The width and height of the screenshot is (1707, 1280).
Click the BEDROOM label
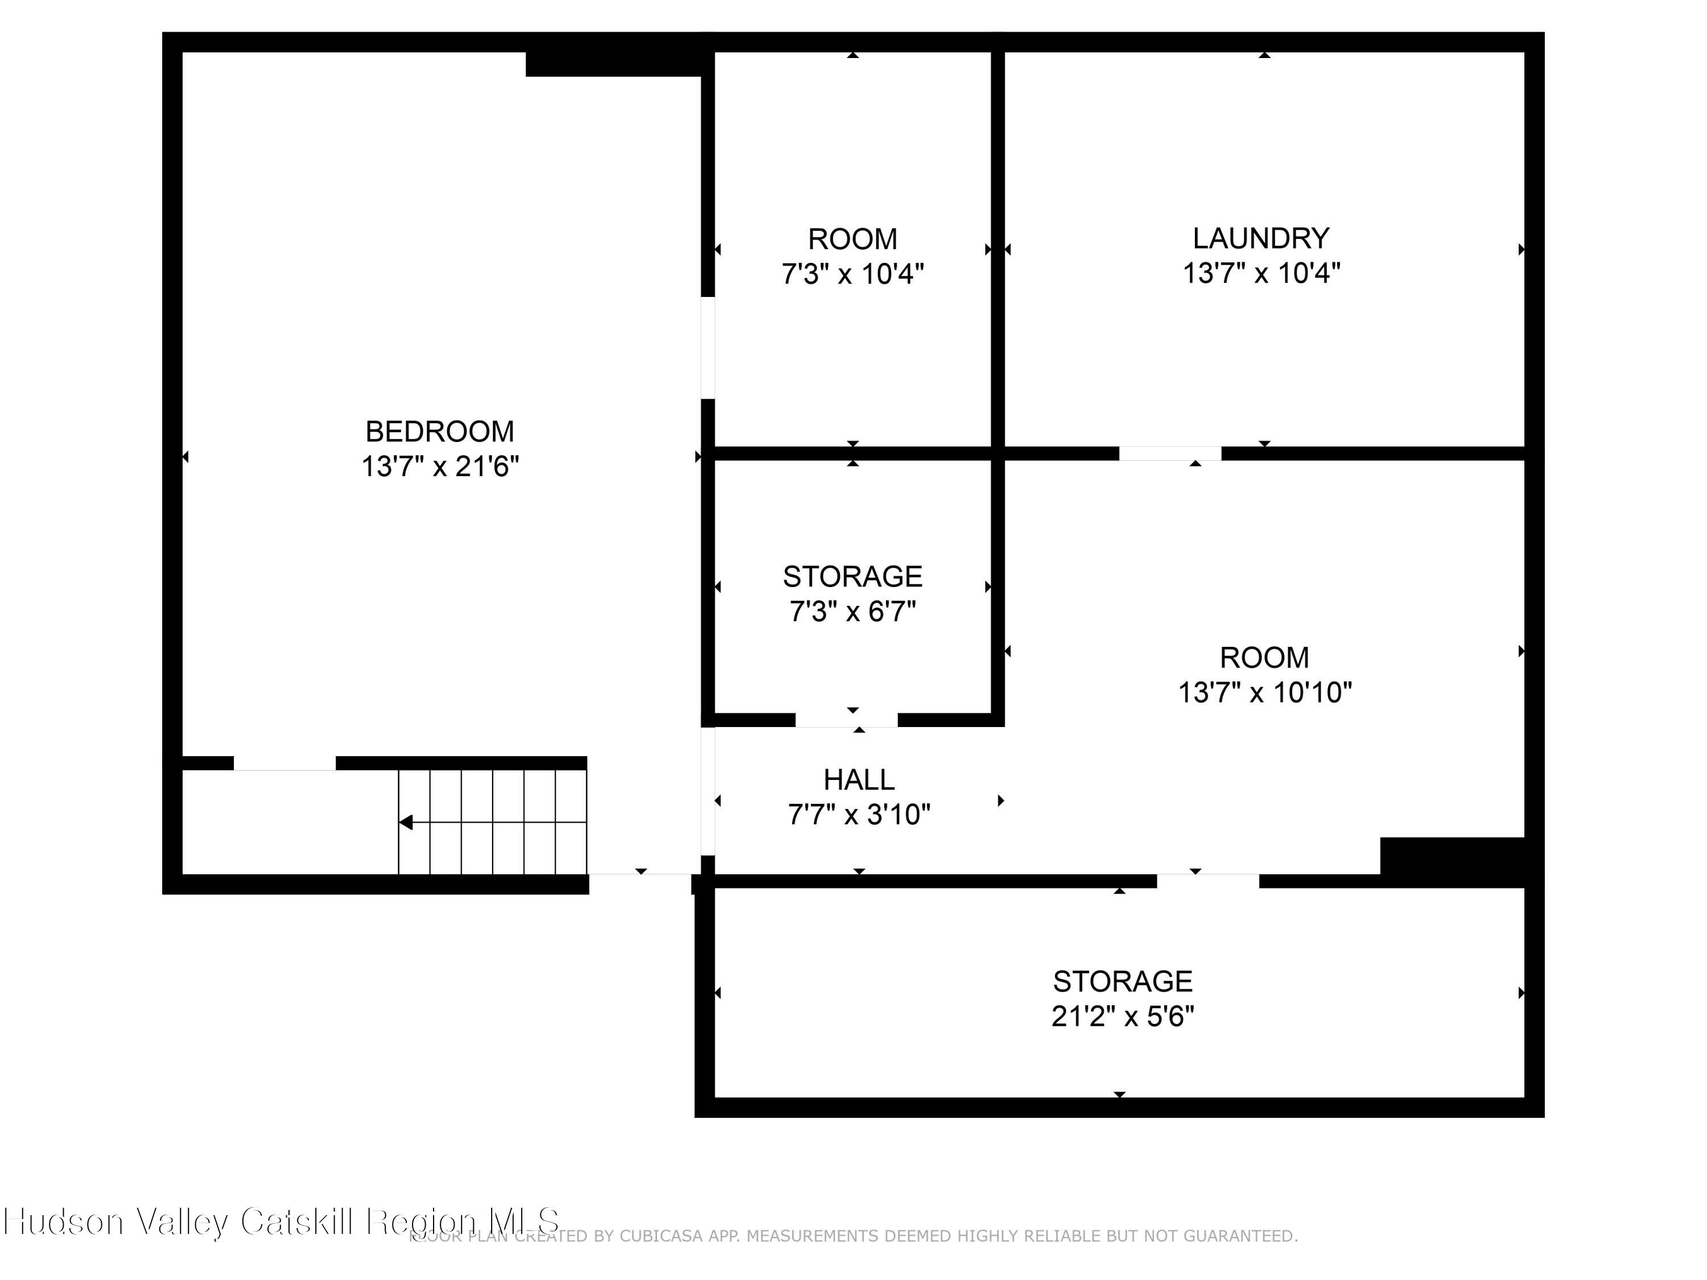click(439, 431)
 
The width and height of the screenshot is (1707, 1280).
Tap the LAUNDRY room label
click(1261, 238)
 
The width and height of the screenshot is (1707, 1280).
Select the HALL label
click(859, 780)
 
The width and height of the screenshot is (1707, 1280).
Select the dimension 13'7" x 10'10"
click(1264, 693)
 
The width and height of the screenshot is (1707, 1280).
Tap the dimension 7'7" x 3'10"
click(859, 815)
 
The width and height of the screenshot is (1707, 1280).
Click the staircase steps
click(494, 823)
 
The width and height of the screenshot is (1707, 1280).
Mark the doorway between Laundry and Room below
click(1170, 453)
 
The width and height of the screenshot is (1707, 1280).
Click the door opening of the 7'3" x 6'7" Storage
click(847, 720)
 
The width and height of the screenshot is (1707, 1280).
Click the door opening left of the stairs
click(284, 763)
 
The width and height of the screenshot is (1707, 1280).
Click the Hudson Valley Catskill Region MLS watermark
click(282, 1221)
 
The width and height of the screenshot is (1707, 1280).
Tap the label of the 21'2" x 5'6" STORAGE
click(1122, 981)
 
